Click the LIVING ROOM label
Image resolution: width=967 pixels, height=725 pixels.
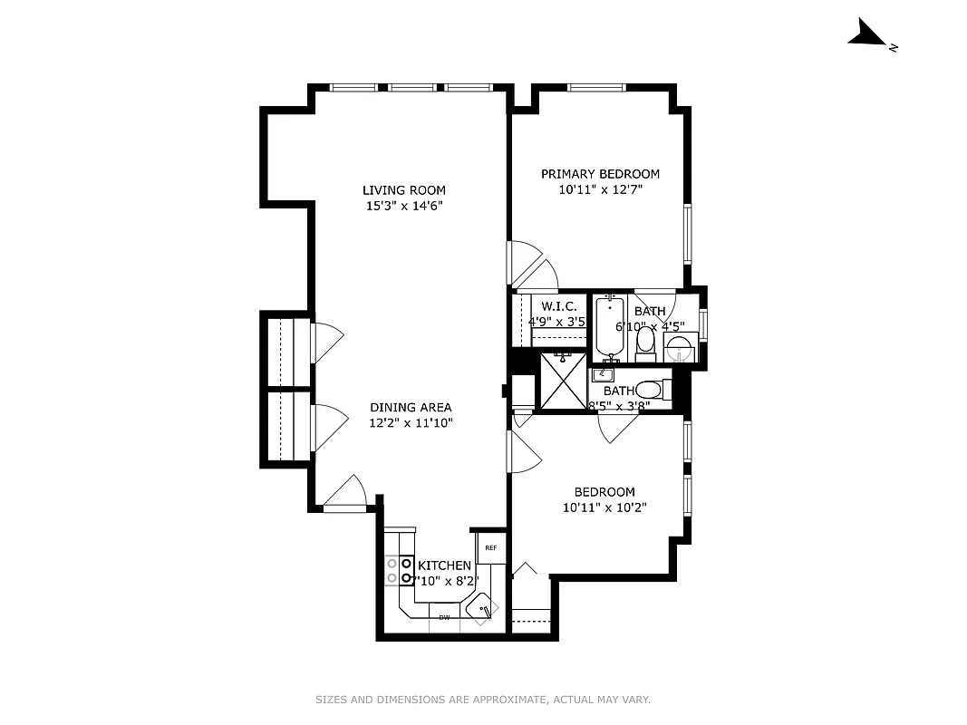(404, 190)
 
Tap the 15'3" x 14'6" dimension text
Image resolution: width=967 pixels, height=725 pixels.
(404, 206)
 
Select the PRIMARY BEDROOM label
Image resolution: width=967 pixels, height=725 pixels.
(600, 174)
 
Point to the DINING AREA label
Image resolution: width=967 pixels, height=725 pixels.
(410, 408)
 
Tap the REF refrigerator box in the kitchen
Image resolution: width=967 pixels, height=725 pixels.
(491, 547)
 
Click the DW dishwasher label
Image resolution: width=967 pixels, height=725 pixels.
(444, 618)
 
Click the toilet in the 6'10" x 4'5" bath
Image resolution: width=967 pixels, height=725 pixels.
(645, 343)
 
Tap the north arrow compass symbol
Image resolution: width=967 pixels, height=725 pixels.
(867, 36)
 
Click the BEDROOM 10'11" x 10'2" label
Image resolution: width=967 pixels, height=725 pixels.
(604, 499)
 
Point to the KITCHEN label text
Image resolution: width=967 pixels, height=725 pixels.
(444, 565)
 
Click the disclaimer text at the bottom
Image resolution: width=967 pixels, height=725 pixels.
(483, 700)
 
